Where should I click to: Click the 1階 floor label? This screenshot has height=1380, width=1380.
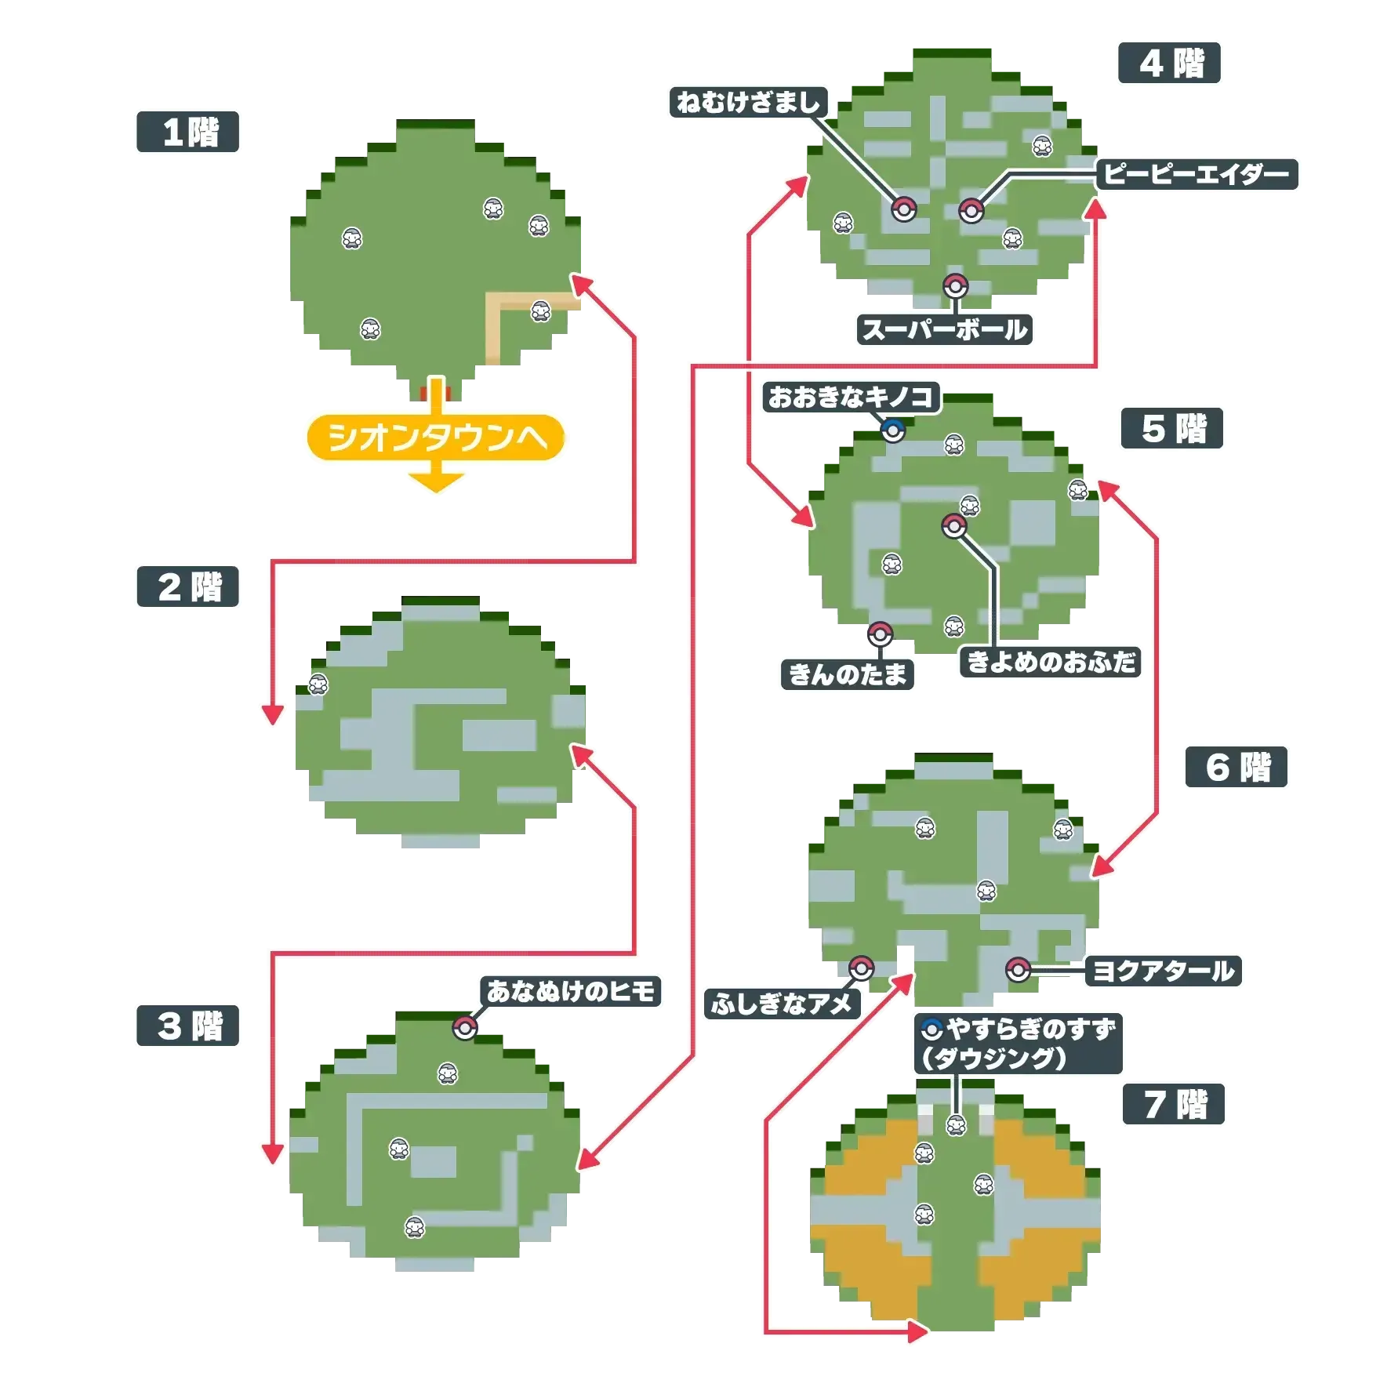(x=189, y=132)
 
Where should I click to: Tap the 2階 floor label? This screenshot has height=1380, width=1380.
(x=188, y=586)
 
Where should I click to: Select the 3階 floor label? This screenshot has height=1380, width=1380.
(x=188, y=1026)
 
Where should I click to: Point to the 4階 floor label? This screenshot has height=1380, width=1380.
(x=1170, y=63)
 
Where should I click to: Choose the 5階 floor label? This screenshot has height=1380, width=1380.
(x=1173, y=428)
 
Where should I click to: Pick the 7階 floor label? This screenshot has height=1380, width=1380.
(x=1174, y=1105)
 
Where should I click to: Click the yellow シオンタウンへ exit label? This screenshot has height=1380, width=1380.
(x=436, y=438)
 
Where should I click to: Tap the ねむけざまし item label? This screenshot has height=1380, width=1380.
(x=749, y=103)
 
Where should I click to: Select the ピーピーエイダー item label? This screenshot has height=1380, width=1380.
(x=1197, y=174)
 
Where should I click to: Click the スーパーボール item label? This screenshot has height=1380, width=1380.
(x=944, y=329)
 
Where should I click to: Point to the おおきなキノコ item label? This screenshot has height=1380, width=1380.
(x=850, y=398)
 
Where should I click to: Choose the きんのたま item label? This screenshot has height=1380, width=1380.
(x=848, y=674)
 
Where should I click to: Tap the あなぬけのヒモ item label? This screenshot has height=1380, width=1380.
(x=571, y=992)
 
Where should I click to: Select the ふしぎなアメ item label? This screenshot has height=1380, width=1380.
(x=781, y=1004)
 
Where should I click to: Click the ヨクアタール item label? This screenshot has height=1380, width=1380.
(x=1163, y=971)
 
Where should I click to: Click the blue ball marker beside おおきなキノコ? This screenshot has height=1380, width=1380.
(x=893, y=430)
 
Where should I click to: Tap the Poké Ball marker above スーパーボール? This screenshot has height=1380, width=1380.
(x=955, y=286)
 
